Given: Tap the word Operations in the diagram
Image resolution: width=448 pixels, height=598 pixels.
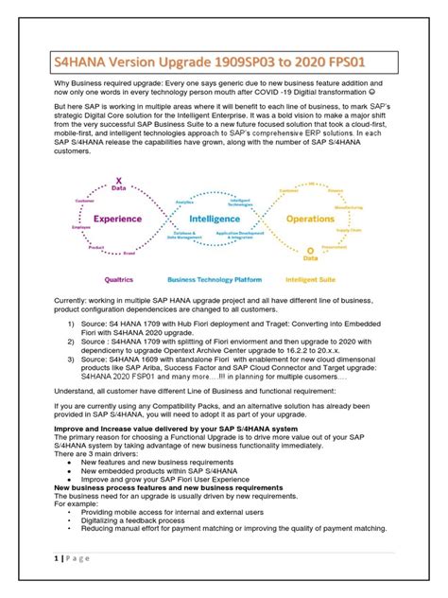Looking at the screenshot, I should [x=310, y=218].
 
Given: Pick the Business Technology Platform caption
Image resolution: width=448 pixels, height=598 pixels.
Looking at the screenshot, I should [x=214, y=280].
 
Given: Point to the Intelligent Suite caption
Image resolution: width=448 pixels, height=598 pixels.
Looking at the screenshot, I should [x=311, y=280].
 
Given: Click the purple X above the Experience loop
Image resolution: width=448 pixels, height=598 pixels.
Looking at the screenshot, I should [x=118, y=180].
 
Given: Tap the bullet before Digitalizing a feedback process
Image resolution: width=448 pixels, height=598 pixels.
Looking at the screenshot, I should [x=70, y=519].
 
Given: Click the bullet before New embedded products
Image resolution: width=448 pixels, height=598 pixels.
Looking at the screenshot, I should [x=70, y=469].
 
